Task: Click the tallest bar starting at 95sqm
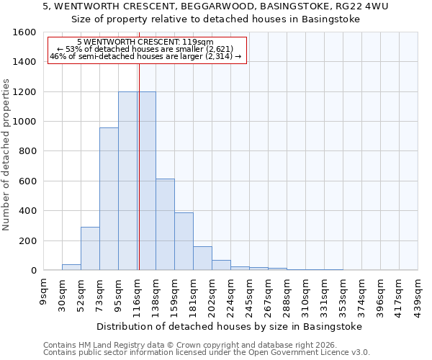(x=127, y=181)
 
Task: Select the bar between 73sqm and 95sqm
(x=109, y=199)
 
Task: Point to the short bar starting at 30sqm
(x=71, y=267)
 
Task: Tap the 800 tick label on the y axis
(x=27, y=152)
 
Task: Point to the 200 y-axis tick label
(x=27, y=241)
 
